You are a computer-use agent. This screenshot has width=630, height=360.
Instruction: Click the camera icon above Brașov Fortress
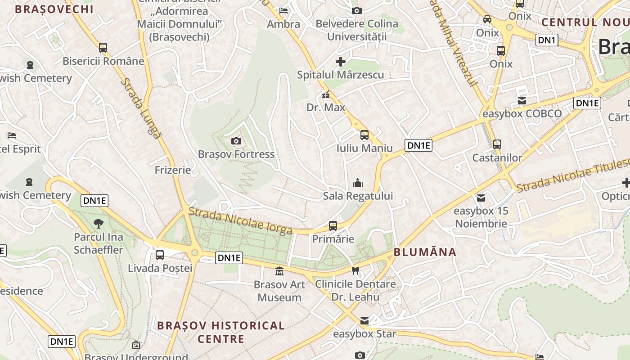tap(236, 141)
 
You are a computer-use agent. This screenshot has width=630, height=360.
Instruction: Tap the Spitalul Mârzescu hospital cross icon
tap(341, 61)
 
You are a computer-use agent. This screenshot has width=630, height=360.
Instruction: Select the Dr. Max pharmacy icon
tap(325, 95)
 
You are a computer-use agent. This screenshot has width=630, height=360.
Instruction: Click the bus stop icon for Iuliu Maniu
tap(364, 135)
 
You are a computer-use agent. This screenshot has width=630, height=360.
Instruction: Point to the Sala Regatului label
tap(358, 196)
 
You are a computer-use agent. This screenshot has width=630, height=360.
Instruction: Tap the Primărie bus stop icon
tap(333, 225)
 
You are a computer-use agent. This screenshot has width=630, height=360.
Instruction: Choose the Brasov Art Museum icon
tap(279, 271)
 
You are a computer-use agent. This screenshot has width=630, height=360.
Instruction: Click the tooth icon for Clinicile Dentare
tap(355, 270)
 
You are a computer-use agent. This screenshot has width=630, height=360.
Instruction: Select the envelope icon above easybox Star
tap(364, 321)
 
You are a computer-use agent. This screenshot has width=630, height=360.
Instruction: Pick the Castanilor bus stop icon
tap(497, 144)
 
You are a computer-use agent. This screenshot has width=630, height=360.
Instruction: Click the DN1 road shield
tap(547, 40)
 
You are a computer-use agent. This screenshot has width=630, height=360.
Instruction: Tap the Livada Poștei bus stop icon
tap(160, 255)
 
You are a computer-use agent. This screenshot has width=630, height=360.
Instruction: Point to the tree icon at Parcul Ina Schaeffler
tap(98, 223)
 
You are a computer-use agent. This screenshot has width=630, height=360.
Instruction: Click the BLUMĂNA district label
tap(425, 252)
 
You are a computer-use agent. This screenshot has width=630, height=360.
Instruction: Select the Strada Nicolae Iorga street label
tap(240, 221)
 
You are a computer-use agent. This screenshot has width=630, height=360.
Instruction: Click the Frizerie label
tap(173, 170)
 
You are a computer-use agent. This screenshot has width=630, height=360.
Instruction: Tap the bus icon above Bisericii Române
tap(103, 47)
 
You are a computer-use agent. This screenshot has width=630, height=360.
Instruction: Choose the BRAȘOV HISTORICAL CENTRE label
tap(221, 332)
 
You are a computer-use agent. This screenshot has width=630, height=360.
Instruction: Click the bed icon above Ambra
tap(283, 10)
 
